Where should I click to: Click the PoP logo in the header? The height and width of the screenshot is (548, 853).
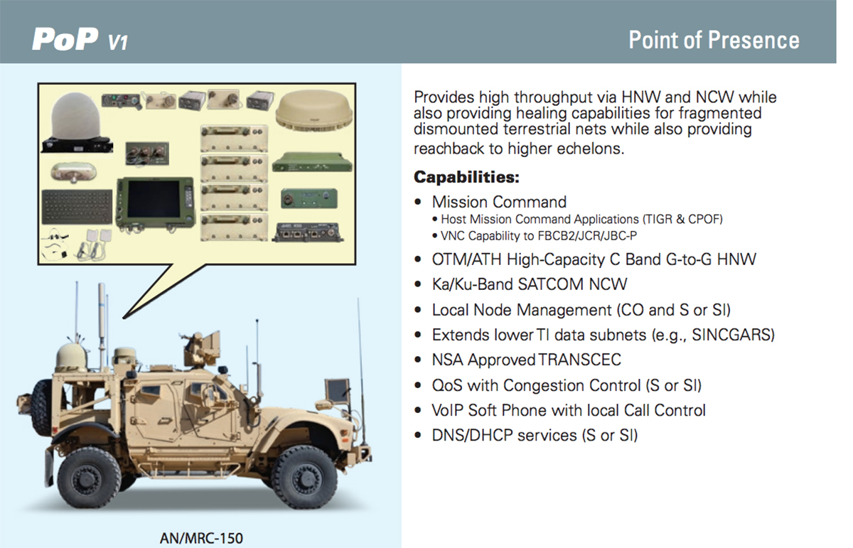click(x=80, y=39)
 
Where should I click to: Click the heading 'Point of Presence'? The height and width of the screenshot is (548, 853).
click(x=714, y=40)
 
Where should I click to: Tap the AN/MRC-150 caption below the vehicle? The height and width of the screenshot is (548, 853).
click(x=201, y=538)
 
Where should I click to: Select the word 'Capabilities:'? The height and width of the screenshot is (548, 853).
click(x=466, y=177)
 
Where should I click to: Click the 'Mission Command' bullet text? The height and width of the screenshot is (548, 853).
click(x=499, y=202)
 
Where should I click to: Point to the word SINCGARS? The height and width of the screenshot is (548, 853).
click(x=733, y=335)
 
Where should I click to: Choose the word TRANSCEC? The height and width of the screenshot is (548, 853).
click(x=579, y=360)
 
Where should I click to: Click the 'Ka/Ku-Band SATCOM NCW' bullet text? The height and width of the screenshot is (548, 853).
click(x=530, y=284)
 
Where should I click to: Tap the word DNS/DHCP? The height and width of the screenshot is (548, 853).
click(x=504, y=435)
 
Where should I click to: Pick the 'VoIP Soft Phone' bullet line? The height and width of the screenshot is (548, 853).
click(x=569, y=410)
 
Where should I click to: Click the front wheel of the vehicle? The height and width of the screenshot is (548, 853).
click(x=304, y=477)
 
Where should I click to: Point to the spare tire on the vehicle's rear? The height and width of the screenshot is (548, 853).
click(x=43, y=407)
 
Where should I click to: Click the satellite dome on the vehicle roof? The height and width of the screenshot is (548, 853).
click(x=72, y=358)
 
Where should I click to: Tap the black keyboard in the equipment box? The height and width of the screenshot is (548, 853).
click(x=77, y=207)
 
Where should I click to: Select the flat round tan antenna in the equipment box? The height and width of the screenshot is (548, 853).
click(x=314, y=109)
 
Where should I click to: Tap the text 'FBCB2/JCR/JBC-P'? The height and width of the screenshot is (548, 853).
click(x=587, y=236)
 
